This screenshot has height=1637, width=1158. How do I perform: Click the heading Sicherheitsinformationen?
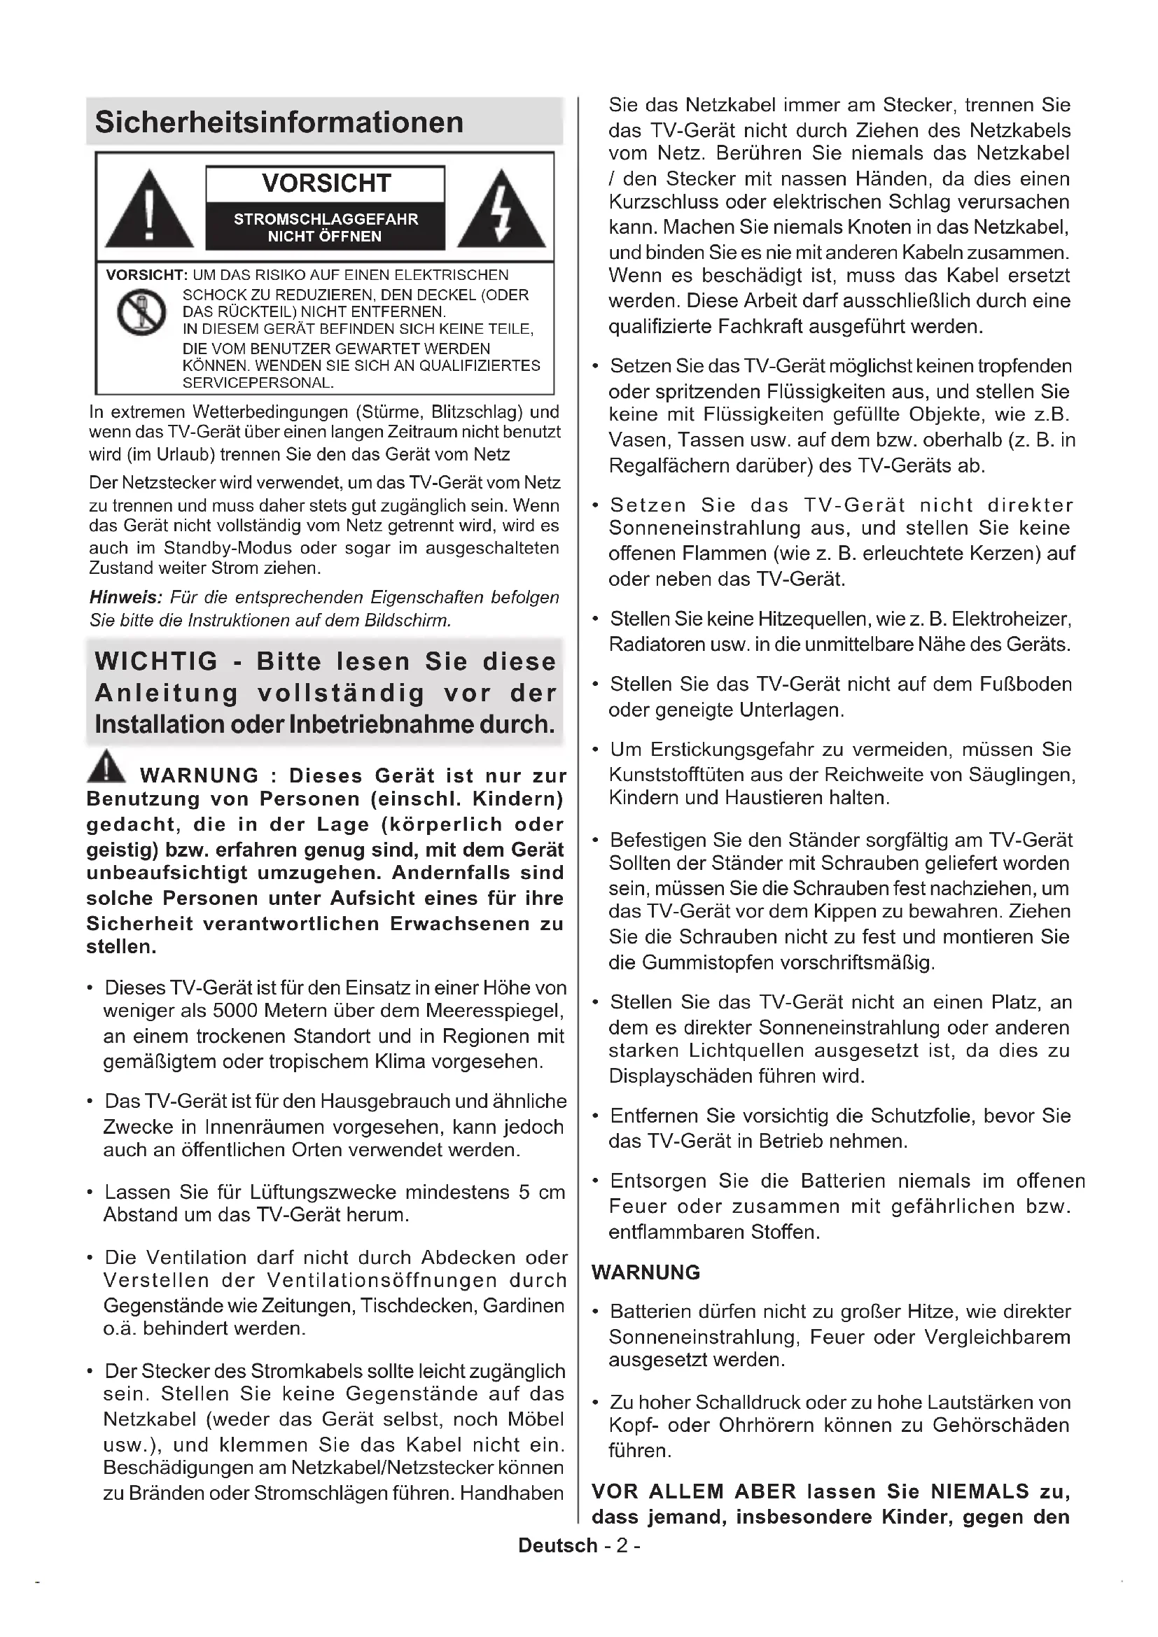tap(279, 122)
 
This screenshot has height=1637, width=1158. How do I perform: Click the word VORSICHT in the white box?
tap(326, 183)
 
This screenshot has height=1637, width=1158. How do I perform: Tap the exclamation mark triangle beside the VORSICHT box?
tap(149, 211)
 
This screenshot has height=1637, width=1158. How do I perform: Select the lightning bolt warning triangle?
tap(501, 211)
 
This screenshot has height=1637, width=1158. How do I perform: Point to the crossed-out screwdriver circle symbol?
tap(141, 312)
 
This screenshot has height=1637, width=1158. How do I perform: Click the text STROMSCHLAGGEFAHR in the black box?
tap(326, 220)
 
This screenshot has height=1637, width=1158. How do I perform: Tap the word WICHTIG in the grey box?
tap(156, 661)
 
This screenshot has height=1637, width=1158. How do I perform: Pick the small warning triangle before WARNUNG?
tap(106, 766)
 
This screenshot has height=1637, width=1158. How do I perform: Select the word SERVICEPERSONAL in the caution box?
tap(258, 383)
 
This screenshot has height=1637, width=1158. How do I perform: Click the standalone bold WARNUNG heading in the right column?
tap(646, 1272)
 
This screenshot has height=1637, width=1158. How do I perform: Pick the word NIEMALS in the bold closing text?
tap(979, 1491)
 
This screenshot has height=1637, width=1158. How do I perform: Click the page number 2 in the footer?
tap(622, 1546)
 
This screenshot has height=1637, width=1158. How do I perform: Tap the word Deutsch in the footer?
tap(557, 1546)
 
